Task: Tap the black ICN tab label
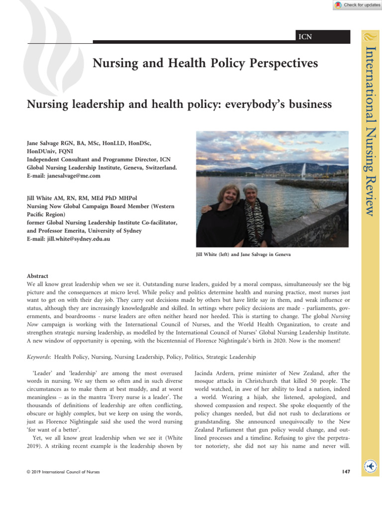click(304, 36)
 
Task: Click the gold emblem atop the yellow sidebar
click(370, 36)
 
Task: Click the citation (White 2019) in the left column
click(165, 439)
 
